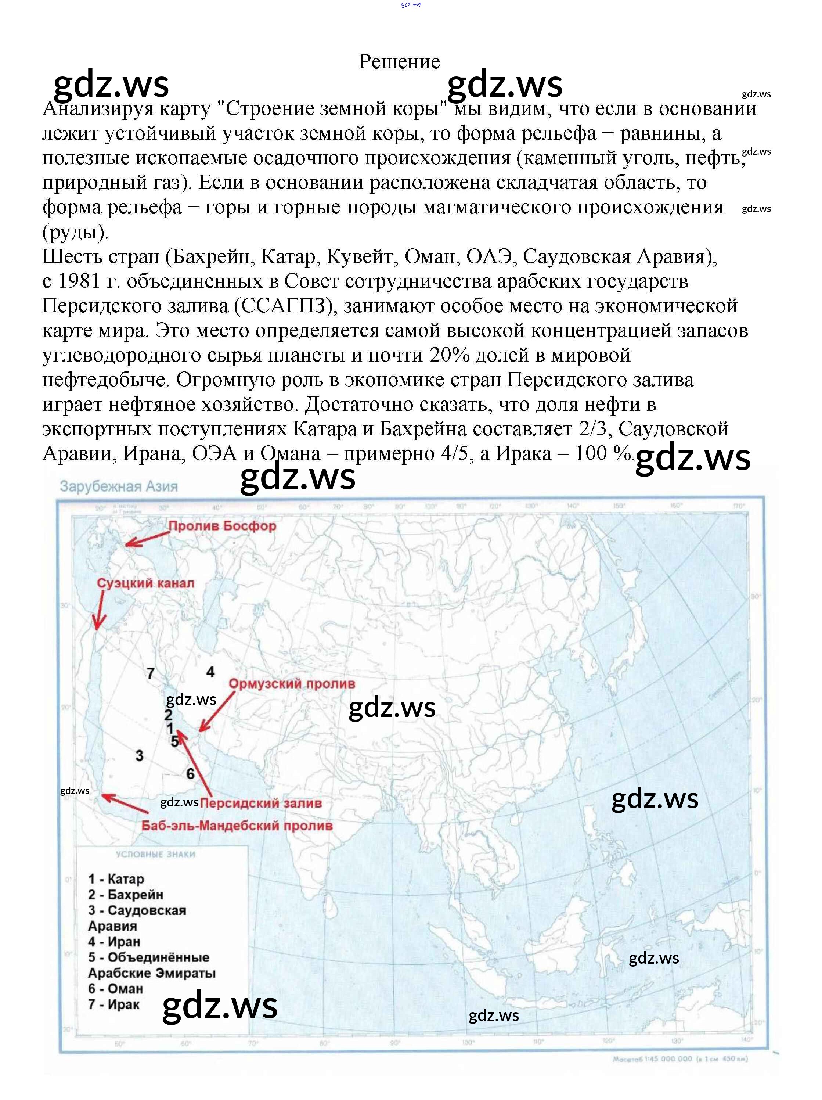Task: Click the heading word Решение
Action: click(399, 62)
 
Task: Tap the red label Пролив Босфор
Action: click(222, 526)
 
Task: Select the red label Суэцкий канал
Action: click(145, 583)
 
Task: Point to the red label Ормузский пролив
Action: click(292, 684)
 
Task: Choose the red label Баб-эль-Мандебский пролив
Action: click(237, 826)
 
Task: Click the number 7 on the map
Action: click(151, 674)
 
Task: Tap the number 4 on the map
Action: click(210, 672)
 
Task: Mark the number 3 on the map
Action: click(139, 756)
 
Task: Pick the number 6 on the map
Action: click(190, 774)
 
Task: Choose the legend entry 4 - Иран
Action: click(114, 941)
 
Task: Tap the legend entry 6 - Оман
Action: click(115, 989)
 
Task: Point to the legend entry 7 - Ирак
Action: click(114, 1004)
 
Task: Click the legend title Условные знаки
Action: click(156, 854)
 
